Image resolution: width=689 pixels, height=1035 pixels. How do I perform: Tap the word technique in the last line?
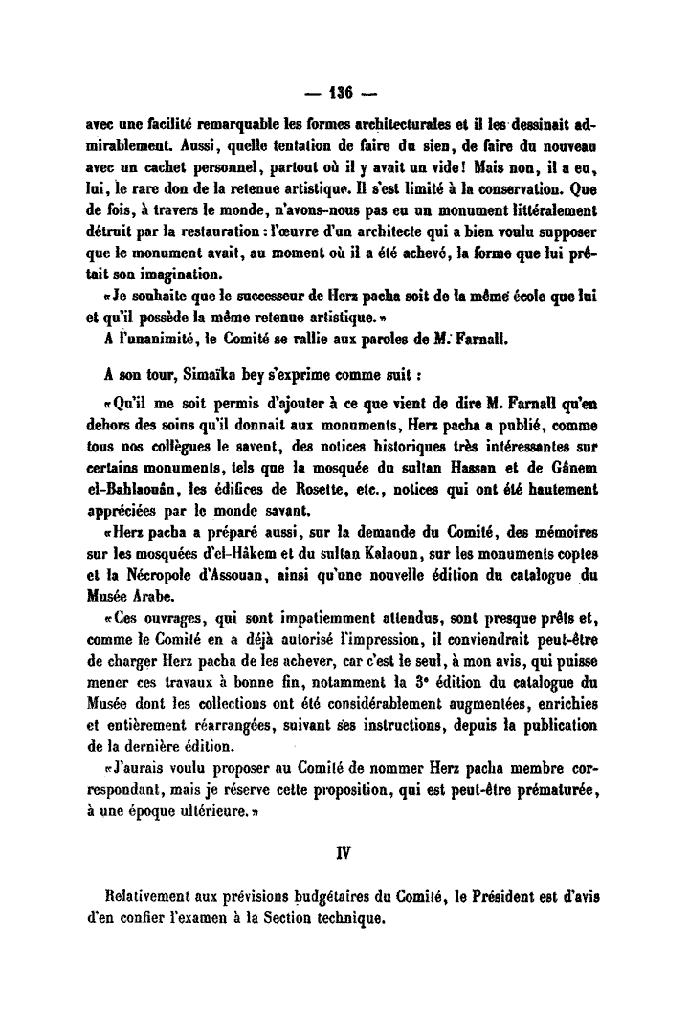tap(348, 919)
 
